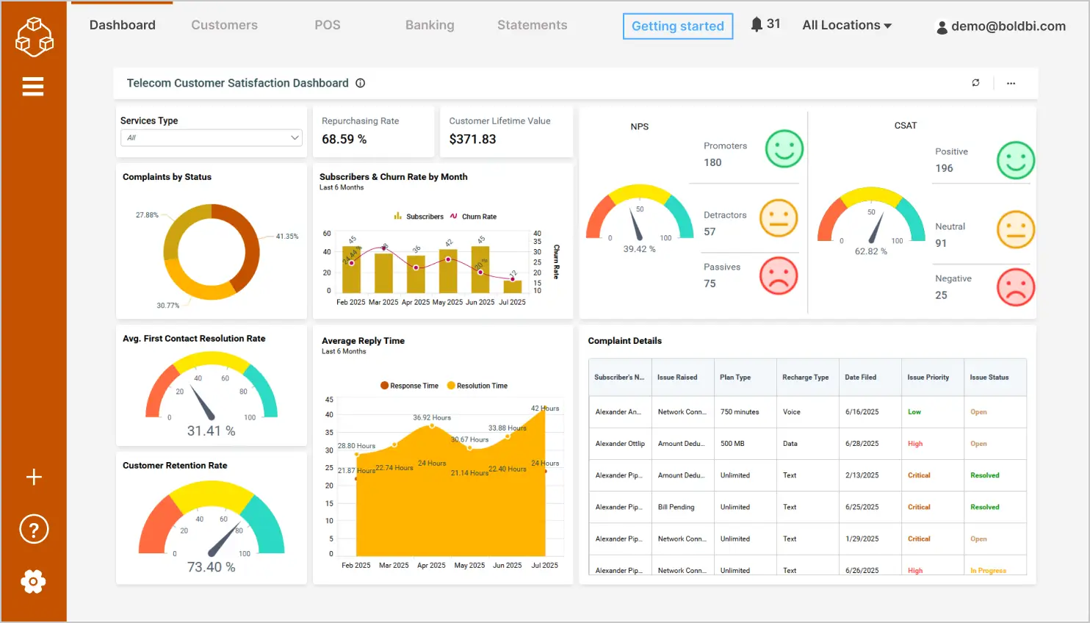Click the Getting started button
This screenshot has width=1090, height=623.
677,26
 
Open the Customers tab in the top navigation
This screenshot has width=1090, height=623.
224,25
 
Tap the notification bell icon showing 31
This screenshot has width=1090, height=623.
757,24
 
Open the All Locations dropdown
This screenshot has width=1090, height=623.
847,25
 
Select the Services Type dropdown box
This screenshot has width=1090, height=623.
212,137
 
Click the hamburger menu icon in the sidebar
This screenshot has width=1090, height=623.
33,87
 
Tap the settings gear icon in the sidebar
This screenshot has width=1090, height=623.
33,582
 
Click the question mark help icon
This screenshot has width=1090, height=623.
34,529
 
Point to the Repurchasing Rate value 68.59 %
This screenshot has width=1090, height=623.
344,139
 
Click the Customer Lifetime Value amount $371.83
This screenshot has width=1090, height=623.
472,139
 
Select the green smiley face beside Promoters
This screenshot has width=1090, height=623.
784,149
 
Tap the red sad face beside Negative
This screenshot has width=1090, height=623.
1015,287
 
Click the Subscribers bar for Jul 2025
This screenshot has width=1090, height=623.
513,287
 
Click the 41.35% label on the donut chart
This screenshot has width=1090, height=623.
286,237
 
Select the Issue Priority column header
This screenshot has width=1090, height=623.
928,378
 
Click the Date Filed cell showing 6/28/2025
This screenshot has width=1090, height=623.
862,444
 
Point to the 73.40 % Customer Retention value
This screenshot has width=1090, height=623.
211,567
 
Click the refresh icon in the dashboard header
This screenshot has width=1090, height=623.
975,83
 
